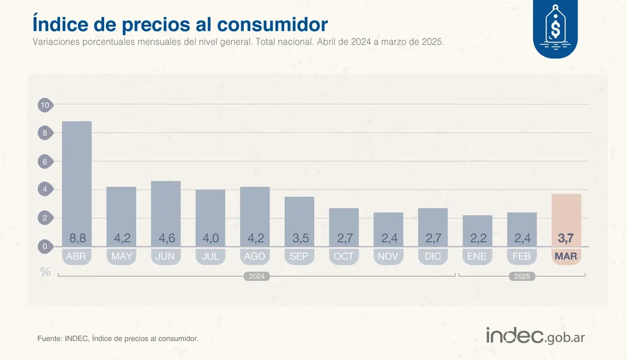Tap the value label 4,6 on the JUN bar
tap(166, 238)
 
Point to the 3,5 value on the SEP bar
tap(299, 238)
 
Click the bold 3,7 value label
tap(566, 238)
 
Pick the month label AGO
tap(255, 257)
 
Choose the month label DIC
tap(433, 257)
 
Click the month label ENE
tap(477, 257)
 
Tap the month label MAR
tap(566, 257)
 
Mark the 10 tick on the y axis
tap(45, 105)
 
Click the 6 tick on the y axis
tap(45, 162)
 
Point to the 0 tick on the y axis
tap(45, 246)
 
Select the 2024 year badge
tap(256, 276)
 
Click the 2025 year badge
tap(522, 276)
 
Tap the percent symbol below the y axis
tap(45, 272)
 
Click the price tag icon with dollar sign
tap(555, 28)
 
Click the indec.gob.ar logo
tap(535, 336)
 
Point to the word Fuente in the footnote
tap(50, 339)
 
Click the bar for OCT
tap(344, 226)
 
